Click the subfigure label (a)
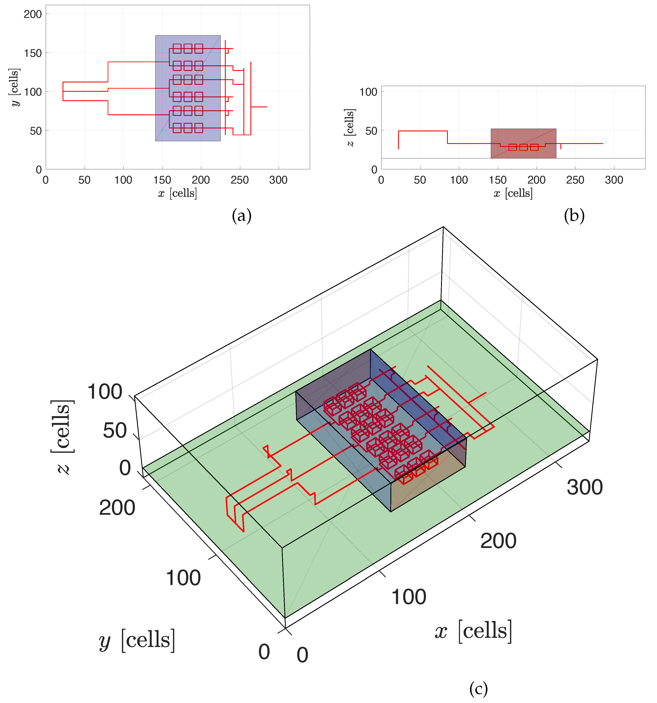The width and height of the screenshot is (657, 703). tap(242, 215)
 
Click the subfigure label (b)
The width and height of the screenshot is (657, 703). tap(574, 215)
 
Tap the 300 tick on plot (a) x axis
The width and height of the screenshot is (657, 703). tap(278, 180)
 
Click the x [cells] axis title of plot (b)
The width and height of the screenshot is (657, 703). tap(513, 193)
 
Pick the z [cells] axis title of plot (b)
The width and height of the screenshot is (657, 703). tap(350, 128)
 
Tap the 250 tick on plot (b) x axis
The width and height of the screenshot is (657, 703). tap(575, 180)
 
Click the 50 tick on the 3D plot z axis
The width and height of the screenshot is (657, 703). tap(114, 430)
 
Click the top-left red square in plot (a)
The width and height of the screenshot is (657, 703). tap(177, 48)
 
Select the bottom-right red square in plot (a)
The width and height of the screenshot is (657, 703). tap(199, 128)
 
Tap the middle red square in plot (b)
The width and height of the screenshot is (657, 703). tap(523, 147)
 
